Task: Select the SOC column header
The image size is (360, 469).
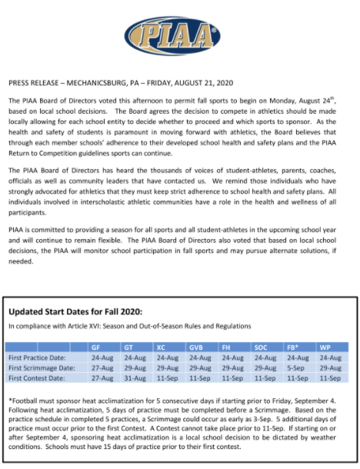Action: pyautogui.click(x=262, y=348)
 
